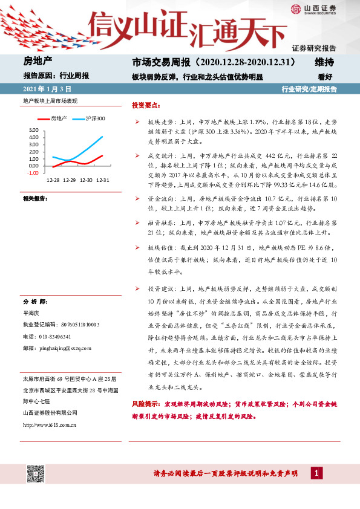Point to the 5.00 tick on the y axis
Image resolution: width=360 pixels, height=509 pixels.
pos(33,130)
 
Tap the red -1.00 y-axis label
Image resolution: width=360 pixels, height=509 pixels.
pos(32,172)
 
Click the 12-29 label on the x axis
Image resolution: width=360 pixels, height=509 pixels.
pos(69,180)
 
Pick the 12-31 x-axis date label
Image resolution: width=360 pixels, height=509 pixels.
pos(103,180)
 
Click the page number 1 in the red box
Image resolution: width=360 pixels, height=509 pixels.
pos(316,473)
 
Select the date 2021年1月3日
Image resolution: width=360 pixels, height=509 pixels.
pos(42,89)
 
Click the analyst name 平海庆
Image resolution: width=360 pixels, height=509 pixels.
pos(31,313)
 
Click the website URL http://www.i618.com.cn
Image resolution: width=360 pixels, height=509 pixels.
pos(49,424)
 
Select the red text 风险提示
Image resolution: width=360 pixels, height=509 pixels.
pos(145,403)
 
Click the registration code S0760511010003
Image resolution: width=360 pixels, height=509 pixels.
pos(72,325)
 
